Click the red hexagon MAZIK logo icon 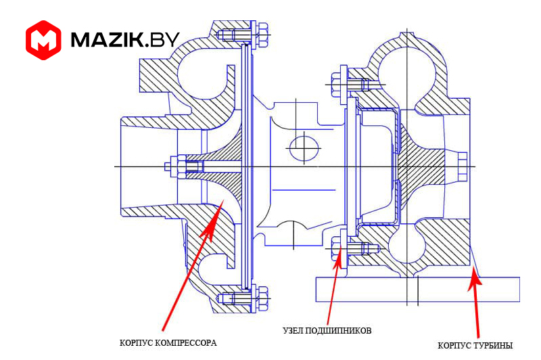pos(43,39)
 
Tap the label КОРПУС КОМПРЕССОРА pos(168,343)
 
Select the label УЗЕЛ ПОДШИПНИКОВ pos(327,330)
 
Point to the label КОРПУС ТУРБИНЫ pos(475,345)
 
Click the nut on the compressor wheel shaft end pos(174,166)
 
